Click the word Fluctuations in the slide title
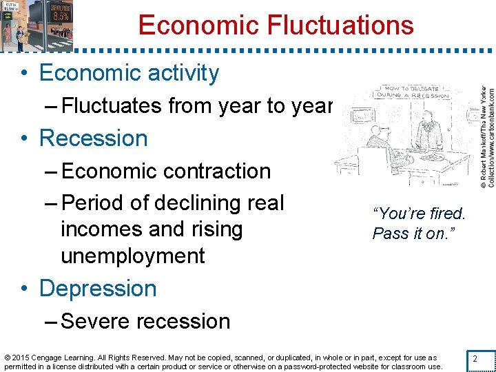point(342,25)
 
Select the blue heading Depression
point(98,288)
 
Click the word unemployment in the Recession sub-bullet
point(133,256)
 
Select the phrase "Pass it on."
point(410,234)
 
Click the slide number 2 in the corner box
point(474,358)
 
